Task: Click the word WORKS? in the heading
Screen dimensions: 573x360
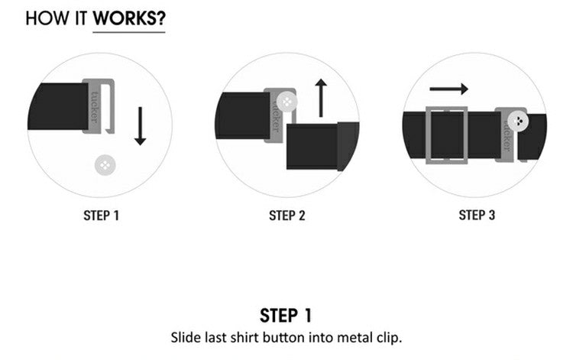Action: (129, 18)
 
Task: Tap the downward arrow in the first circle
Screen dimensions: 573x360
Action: (140, 125)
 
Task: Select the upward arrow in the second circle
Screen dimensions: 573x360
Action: (321, 98)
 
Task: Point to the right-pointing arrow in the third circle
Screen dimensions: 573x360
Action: (448, 89)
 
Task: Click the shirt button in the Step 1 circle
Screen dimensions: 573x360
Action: (105, 165)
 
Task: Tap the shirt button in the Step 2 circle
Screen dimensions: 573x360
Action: (286, 102)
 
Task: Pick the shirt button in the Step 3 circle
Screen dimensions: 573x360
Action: (518, 121)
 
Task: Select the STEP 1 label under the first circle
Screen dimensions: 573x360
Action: (101, 216)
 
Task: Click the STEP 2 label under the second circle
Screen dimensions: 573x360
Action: (286, 216)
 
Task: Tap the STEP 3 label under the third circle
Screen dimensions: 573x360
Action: (477, 216)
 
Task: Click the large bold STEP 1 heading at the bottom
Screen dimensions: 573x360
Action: (286, 316)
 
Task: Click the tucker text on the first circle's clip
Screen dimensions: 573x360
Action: (94, 106)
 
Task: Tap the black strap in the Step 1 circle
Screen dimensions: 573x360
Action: (58, 106)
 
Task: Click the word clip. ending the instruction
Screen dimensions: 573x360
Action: (389, 338)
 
